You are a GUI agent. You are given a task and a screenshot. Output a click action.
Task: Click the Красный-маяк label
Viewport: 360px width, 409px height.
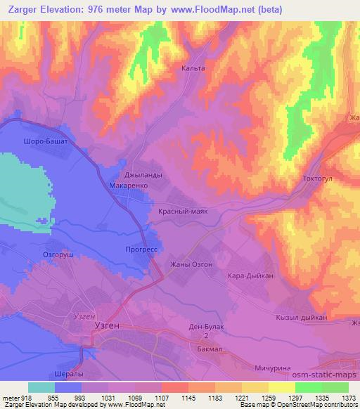182,211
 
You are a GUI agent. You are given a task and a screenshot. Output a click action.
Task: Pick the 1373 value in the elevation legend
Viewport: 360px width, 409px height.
349,397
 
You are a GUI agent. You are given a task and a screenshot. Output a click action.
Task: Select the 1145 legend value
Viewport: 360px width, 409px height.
188,397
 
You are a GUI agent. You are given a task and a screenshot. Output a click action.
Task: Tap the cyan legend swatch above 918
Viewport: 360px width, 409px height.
41,387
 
